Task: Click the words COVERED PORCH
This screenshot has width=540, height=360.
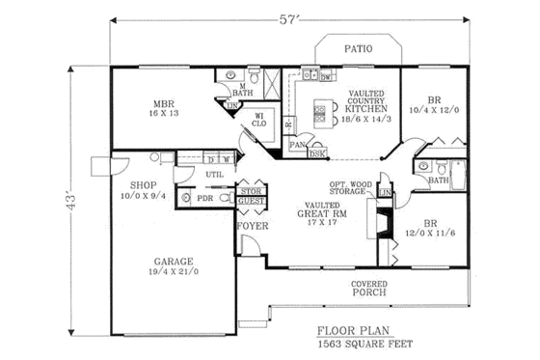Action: (x=370, y=287)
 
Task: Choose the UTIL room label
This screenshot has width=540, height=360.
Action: (x=213, y=173)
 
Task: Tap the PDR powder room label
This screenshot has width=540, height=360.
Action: (x=203, y=198)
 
